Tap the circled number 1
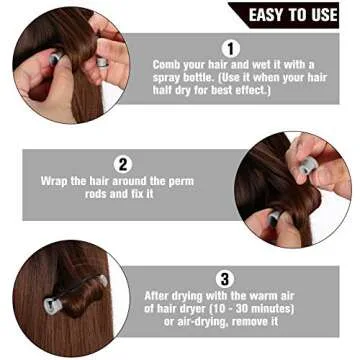231,47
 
